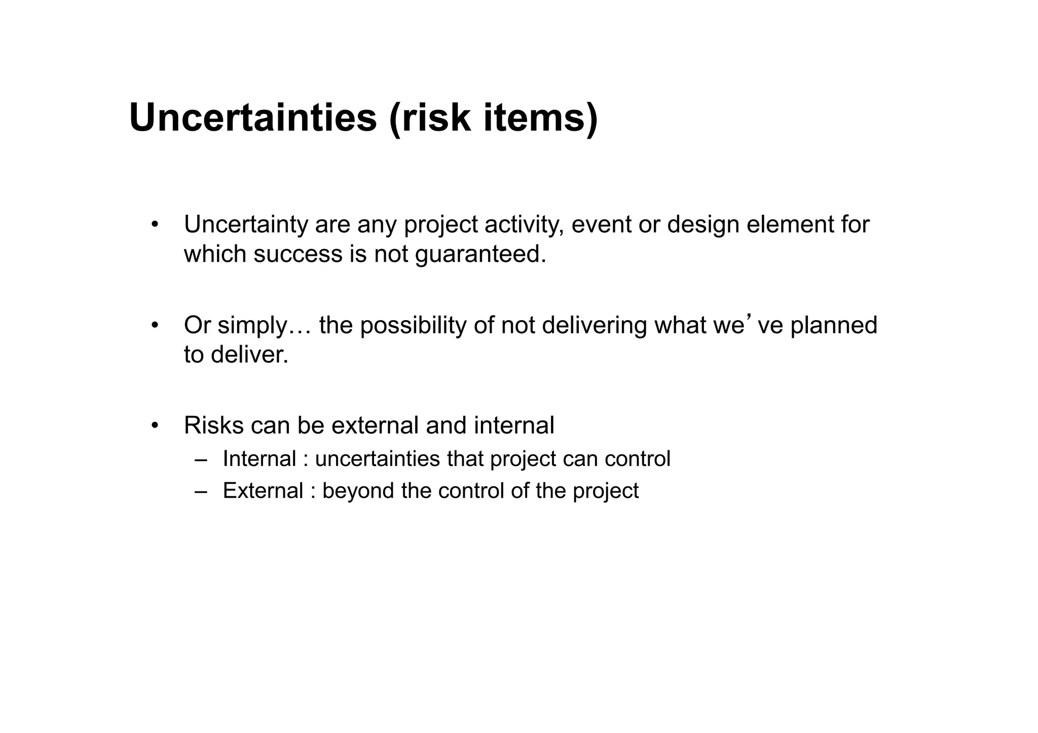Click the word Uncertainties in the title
253,118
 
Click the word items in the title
540,118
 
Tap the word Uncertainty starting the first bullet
246,224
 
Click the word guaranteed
480,254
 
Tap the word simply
252,325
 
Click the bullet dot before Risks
155,426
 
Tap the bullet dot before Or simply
155,325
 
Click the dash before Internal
201,460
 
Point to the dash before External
201,491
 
